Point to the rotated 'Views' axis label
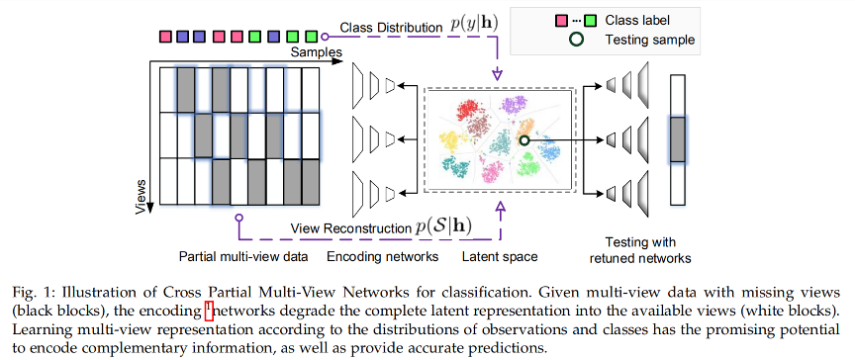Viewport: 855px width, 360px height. tap(140, 195)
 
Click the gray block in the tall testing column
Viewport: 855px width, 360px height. tap(677, 136)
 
